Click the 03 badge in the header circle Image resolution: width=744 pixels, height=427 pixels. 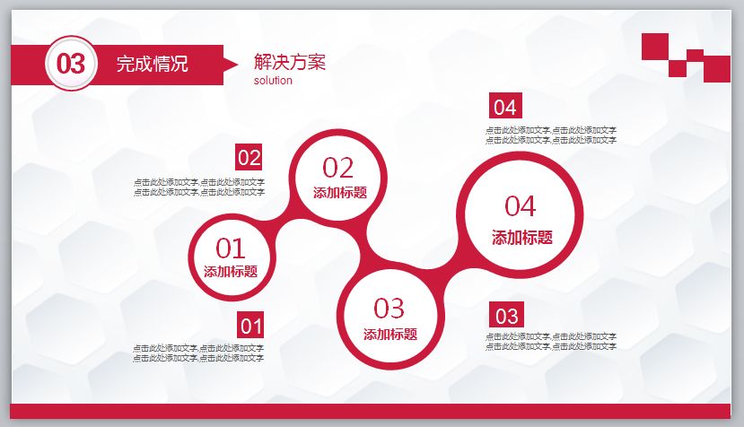[x=71, y=64]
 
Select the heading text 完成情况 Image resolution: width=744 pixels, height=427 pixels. [x=153, y=64]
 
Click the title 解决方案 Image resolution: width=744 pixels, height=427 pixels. [x=290, y=62]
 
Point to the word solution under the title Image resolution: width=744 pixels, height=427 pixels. [x=273, y=80]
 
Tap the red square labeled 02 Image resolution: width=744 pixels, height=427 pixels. [x=249, y=158]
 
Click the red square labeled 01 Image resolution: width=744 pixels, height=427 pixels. [x=250, y=326]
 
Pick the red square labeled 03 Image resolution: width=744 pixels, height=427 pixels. [x=507, y=315]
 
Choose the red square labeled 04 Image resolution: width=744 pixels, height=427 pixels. [x=505, y=107]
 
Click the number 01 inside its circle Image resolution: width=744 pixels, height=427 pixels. [x=231, y=248]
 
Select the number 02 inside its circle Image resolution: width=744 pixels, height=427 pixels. [x=338, y=168]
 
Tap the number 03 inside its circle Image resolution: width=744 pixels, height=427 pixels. [x=390, y=308]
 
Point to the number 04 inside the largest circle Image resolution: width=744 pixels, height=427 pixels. [x=521, y=205]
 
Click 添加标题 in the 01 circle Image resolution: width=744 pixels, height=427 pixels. [x=231, y=272]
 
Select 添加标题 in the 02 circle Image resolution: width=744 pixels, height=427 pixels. [x=339, y=192]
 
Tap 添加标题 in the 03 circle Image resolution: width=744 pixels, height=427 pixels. [x=390, y=335]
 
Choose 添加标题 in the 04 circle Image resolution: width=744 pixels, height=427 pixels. [x=521, y=238]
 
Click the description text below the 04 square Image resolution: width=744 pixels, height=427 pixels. [x=551, y=135]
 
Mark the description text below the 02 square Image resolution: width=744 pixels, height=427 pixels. [x=199, y=187]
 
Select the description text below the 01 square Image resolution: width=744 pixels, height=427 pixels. [x=199, y=353]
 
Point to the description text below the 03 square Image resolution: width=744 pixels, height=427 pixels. [x=551, y=341]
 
